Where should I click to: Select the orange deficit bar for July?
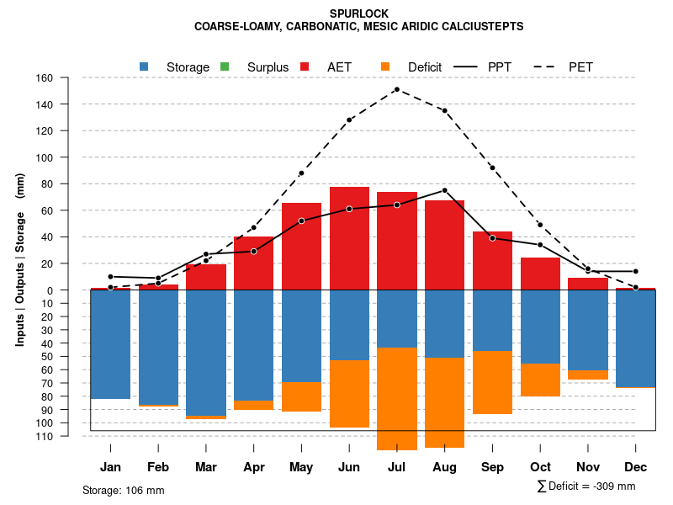pyautogui.click(x=397, y=399)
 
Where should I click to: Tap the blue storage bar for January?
pyautogui.click(x=110, y=344)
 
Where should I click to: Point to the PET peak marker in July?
pyautogui.click(x=396, y=89)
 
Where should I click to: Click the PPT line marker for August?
pyautogui.click(x=444, y=190)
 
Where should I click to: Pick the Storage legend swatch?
pyautogui.click(x=145, y=66)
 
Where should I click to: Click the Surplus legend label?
pyautogui.click(x=268, y=67)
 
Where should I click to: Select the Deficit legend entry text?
pyautogui.click(x=425, y=67)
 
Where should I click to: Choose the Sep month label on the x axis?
pyautogui.click(x=492, y=467)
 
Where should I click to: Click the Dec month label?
pyautogui.click(x=636, y=467)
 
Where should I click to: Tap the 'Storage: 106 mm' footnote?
pyautogui.click(x=124, y=490)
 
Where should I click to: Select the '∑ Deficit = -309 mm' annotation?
pyautogui.click(x=586, y=486)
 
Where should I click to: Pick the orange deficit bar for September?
pyautogui.click(x=492, y=382)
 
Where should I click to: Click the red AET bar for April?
pyautogui.click(x=253, y=263)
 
